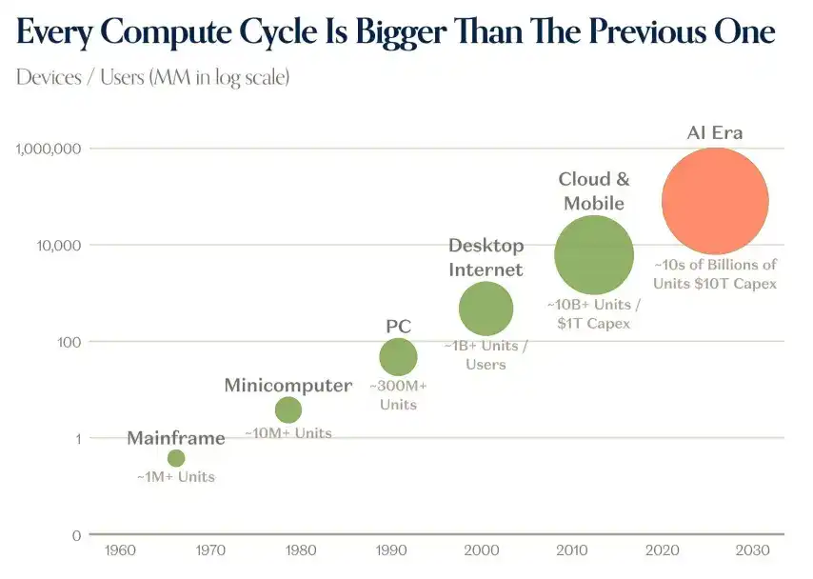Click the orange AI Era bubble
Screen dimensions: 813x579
click(715, 201)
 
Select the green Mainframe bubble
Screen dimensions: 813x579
click(176, 458)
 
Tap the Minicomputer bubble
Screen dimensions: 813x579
click(288, 409)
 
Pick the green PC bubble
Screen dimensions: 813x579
click(398, 357)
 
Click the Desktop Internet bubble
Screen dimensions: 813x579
click(486, 309)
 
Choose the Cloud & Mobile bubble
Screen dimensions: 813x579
click(594, 254)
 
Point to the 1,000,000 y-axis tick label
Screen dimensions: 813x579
click(49, 149)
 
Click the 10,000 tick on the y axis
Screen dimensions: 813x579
click(59, 246)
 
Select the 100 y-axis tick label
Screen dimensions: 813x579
click(69, 343)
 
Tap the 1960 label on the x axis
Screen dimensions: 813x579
click(120, 549)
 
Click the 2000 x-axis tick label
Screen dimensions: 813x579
click(482, 549)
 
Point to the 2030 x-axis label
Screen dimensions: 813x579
click(753, 549)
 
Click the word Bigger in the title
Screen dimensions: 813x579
click(401, 32)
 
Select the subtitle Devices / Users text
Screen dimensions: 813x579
click(80, 77)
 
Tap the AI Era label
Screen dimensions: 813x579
click(715, 132)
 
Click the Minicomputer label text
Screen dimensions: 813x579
click(288, 386)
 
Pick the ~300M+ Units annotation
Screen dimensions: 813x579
click(398, 395)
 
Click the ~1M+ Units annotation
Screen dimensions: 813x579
click(176, 477)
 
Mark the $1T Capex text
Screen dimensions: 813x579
click(594, 324)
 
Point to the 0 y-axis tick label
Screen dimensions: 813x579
click(77, 535)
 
